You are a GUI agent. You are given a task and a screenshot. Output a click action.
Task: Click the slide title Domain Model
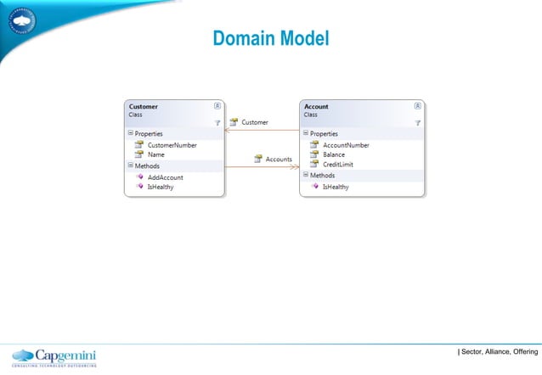click(x=270, y=39)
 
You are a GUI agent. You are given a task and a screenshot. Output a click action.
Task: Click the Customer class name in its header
click(x=143, y=107)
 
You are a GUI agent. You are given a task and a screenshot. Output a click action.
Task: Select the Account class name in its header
click(x=317, y=107)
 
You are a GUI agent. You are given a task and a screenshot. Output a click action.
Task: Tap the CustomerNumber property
click(x=172, y=145)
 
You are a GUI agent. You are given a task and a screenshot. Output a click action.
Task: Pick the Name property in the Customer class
click(x=156, y=154)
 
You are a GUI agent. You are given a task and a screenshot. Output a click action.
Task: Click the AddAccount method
click(x=166, y=176)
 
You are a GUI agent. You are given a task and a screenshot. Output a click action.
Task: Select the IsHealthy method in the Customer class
click(x=161, y=186)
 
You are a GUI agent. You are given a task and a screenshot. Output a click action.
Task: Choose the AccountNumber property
click(x=347, y=145)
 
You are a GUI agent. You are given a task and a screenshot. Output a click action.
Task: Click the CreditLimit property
click(x=340, y=164)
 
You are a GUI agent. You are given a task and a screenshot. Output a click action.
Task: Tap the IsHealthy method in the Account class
click(x=335, y=186)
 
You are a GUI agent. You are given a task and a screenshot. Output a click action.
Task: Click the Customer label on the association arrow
click(x=255, y=122)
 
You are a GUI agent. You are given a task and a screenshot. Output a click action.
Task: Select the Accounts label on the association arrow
click(x=279, y=159)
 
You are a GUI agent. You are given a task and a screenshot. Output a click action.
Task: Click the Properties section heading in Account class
click(x=324, y=133)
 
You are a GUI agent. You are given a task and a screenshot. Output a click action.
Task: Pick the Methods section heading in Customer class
click(x=146, y=165)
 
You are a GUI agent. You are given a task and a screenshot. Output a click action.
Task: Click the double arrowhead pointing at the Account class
click(x=295, y=167)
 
